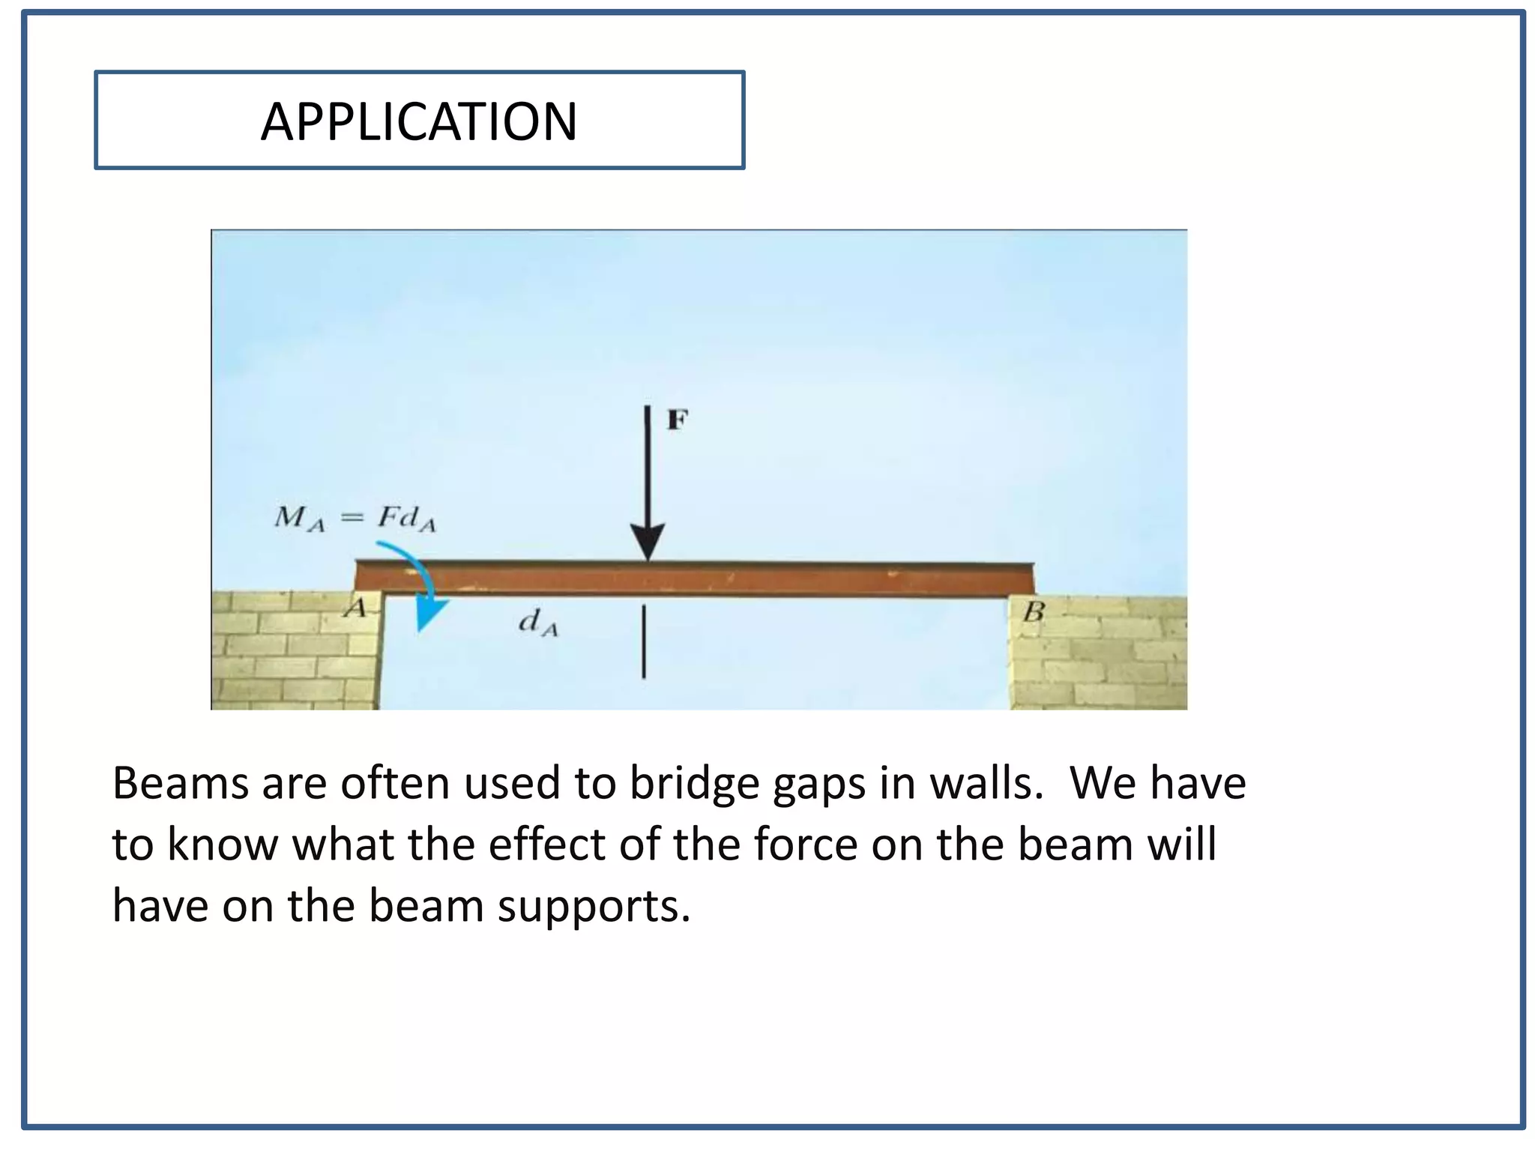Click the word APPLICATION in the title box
click(419, 122)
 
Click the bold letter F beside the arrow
click(677, 420)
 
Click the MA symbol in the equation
click(299, 519)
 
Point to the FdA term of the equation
click(405, 519)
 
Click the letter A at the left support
click(355, 608)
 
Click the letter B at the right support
click(1034, 612)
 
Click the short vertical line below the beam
click(644, 642)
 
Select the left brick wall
click(294, 650)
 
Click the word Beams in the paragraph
click(180, 784)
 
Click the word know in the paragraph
click(223, 845)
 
